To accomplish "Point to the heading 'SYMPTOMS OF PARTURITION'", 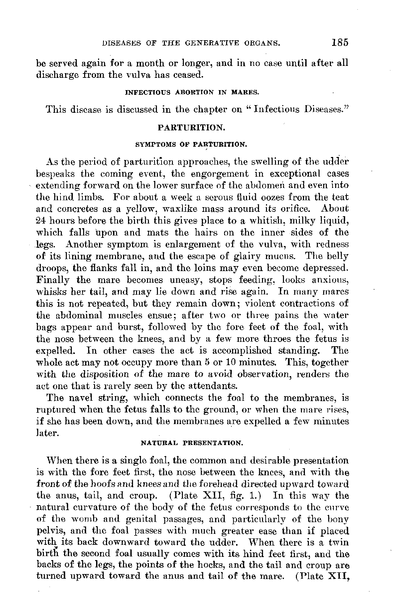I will click(192, 145).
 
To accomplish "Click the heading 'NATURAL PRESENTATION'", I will click(192, 443).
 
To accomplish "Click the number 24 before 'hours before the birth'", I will click(41, 221).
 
